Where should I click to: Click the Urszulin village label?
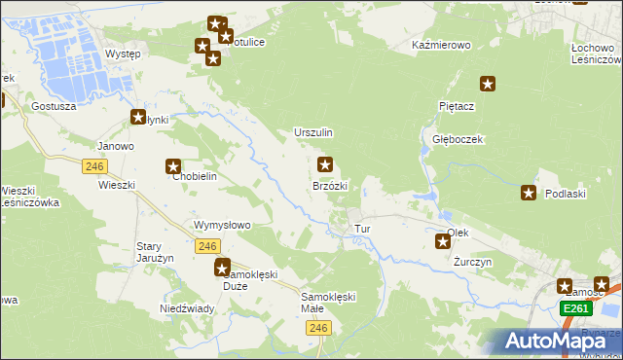coord(313,132)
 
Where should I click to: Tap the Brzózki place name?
coord(329,185)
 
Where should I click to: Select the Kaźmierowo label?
coord(442,46)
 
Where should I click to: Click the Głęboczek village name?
coord(458,139)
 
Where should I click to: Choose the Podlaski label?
coord(565,194)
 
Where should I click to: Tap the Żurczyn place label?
coord(474,263)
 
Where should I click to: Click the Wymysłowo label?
coord(223,225)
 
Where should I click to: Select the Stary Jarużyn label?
coord(155,252)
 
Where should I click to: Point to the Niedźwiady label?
coord(187,308)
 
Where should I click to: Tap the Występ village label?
coord(123,54)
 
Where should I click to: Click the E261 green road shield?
coord(576,308)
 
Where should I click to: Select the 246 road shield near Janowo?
coord(94,166)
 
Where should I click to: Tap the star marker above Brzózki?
coord(325,165)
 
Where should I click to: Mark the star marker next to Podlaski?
coord(530,193)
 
